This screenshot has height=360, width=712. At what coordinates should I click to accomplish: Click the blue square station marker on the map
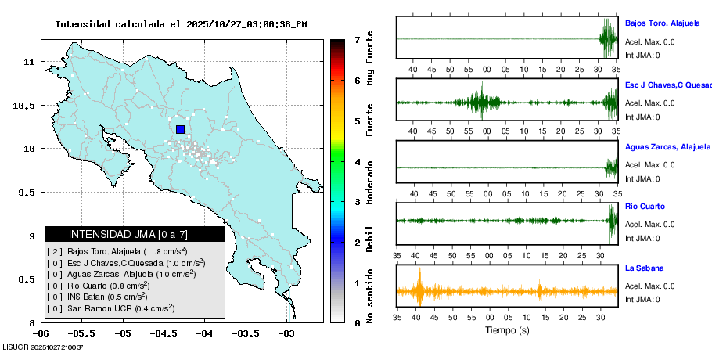[180, 130]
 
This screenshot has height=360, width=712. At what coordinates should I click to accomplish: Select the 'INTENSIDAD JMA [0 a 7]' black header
[135, 234]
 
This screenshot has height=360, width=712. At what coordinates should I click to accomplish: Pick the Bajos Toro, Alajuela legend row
[117, 251]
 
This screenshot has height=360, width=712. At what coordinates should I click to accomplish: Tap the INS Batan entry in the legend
[97, 297]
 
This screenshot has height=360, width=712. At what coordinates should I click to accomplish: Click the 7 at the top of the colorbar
[357, 39]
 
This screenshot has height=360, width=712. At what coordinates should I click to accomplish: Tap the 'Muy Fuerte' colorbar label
[370, 58]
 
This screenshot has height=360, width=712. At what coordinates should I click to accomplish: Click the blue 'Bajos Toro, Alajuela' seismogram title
[667, 23]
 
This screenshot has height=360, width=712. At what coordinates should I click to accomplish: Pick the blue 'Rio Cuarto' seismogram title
[645, 207]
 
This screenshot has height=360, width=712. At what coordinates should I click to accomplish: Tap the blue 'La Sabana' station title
[644, 268]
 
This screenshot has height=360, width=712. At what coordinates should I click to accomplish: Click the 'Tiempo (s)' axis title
[507, 331]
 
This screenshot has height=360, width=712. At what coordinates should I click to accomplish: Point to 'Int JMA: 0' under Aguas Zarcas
[642, 178]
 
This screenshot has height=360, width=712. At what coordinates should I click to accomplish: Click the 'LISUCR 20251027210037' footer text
[43, 346]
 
